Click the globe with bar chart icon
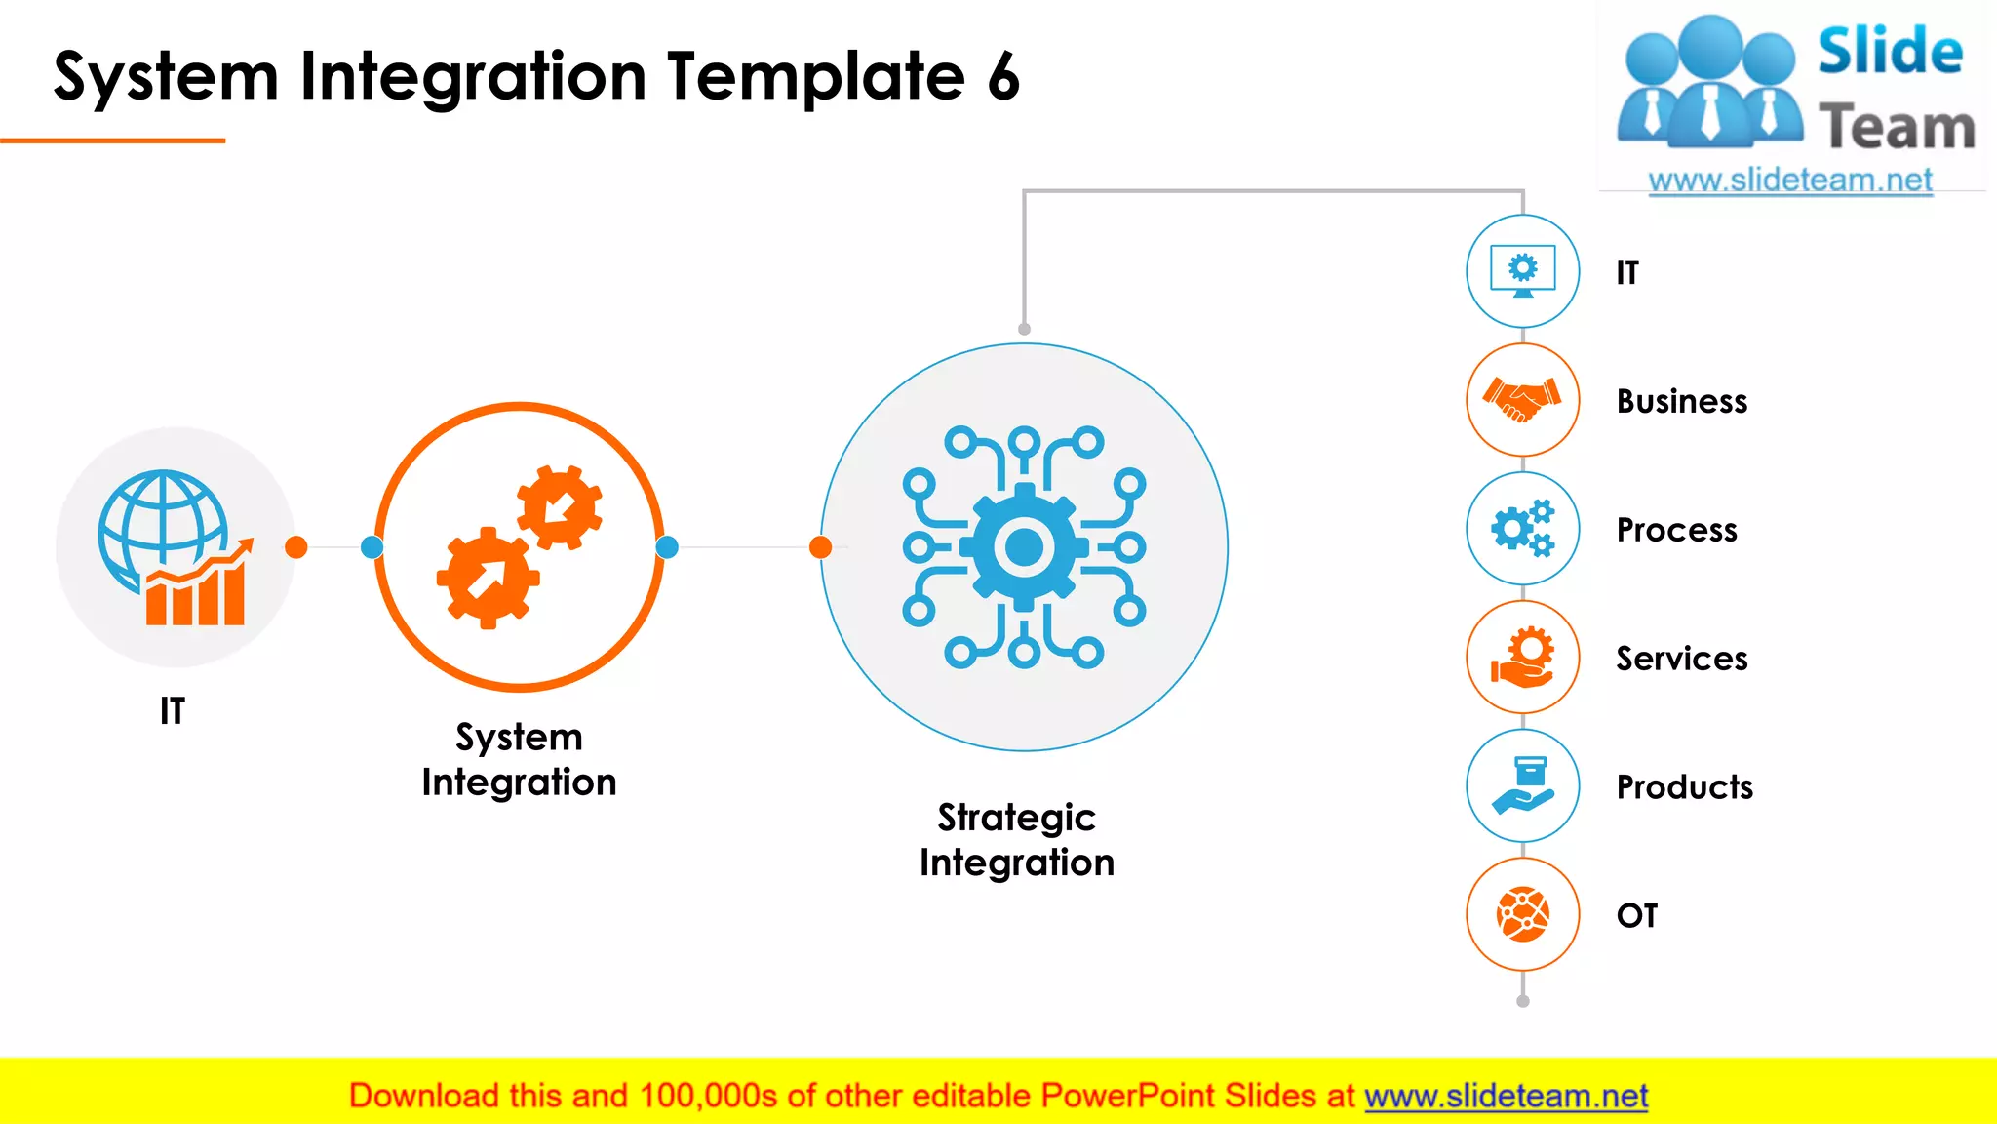[174, 547]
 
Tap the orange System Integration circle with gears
[520, 547]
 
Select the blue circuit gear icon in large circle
[1024, 547]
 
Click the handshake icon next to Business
[1522, 400]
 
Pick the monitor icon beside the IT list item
[1522, 271]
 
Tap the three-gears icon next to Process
[1522, 529]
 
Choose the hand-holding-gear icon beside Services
[1522, 658]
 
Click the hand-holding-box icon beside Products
[1522, 786]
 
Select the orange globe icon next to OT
[1522, 915]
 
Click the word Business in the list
[1681, 401]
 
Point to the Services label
[1681, 659]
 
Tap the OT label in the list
[1636, 915]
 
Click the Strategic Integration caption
[1016, 840]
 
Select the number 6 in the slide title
[1002, 78]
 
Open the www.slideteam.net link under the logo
[1789, 181]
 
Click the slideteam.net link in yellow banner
[1506, 1096]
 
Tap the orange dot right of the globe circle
[296, 547]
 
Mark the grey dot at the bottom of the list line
[1523, 1001]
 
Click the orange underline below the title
[112, 140]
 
